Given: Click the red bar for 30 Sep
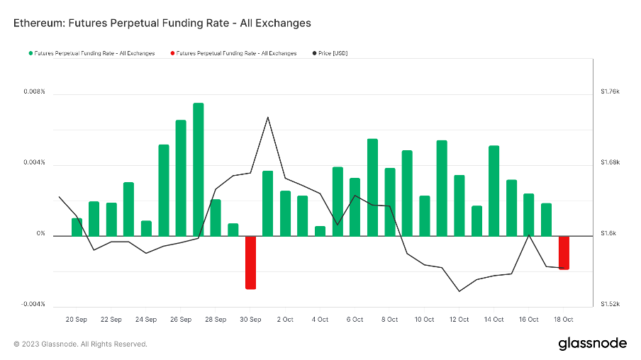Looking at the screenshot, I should [x=250, y=261].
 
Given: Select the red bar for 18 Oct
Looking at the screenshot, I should [x=564, y=252].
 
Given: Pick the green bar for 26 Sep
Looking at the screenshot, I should [x=181, y=177].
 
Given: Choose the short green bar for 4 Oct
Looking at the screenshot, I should [x=320, y=230].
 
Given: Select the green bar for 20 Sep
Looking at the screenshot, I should [x=77, y=226].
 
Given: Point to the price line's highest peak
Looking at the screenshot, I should [x=267, y=117].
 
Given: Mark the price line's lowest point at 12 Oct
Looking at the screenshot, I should [x=459, y=291].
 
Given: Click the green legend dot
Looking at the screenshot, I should [x=30, y=53].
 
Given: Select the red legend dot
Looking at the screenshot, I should [x=172, y=53].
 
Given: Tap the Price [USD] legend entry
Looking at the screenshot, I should [x=332, y=53].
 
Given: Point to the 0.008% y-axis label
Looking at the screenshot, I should [x=33, y=92].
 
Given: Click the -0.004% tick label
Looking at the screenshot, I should [x=32, y=304].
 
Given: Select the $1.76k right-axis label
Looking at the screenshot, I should [x=610, y=92].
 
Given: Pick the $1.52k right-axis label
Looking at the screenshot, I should [x=610, y=304].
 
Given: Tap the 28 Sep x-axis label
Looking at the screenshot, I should [x=216, y=320].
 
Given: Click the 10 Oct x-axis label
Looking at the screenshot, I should [x=424, y=320].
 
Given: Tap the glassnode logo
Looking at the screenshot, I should [x=592, y=343].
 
